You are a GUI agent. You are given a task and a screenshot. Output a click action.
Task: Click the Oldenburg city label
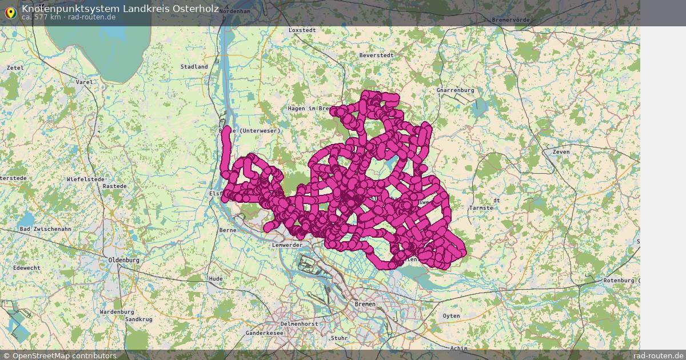(123, 260)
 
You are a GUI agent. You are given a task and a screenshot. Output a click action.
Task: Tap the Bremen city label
(365, 304)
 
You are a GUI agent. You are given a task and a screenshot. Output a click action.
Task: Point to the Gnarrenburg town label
(455, 90)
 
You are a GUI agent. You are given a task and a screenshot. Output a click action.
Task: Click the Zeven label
(561, 152)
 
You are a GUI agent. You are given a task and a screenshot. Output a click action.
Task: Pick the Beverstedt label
(376, 55)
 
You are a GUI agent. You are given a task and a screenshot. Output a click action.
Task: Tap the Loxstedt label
(302, 30)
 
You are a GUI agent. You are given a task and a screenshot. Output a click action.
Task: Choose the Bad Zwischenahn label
(45, 229)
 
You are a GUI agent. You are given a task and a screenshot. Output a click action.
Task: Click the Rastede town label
(114, 186)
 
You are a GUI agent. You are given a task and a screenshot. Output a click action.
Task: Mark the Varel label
(84, 82)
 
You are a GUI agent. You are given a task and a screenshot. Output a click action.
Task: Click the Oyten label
(451, 315)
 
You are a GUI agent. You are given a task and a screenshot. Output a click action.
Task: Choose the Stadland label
(194, 67)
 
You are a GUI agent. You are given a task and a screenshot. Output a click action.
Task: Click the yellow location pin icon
(10, 12)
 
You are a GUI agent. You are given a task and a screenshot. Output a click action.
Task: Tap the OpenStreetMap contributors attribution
(59, 355)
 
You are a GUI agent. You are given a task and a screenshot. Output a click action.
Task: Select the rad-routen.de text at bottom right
(659, 355)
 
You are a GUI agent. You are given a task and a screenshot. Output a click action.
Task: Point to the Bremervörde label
(511, 20)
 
